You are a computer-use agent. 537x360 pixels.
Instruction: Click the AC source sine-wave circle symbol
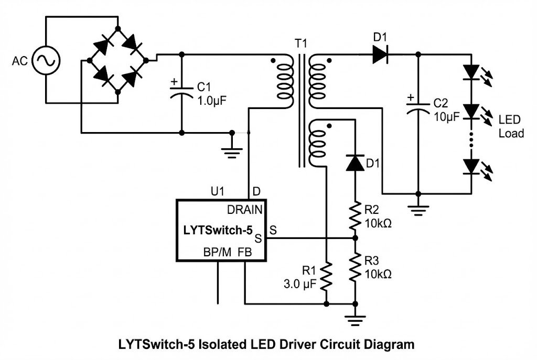[46, 61]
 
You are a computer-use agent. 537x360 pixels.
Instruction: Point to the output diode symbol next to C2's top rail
[381, 54]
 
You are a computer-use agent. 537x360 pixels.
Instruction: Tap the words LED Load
[511, 126]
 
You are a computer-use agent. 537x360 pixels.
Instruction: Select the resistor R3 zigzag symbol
[355, 267]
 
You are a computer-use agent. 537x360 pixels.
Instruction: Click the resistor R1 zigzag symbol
[326, 276]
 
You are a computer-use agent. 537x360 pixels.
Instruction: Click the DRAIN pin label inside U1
[244, 210]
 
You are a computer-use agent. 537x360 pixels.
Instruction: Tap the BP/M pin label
[217, 252]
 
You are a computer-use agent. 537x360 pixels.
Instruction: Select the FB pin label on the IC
[244, 252]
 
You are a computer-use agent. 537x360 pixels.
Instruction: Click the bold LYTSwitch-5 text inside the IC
[218, 230]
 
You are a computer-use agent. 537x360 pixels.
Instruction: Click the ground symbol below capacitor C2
[418, 210]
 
